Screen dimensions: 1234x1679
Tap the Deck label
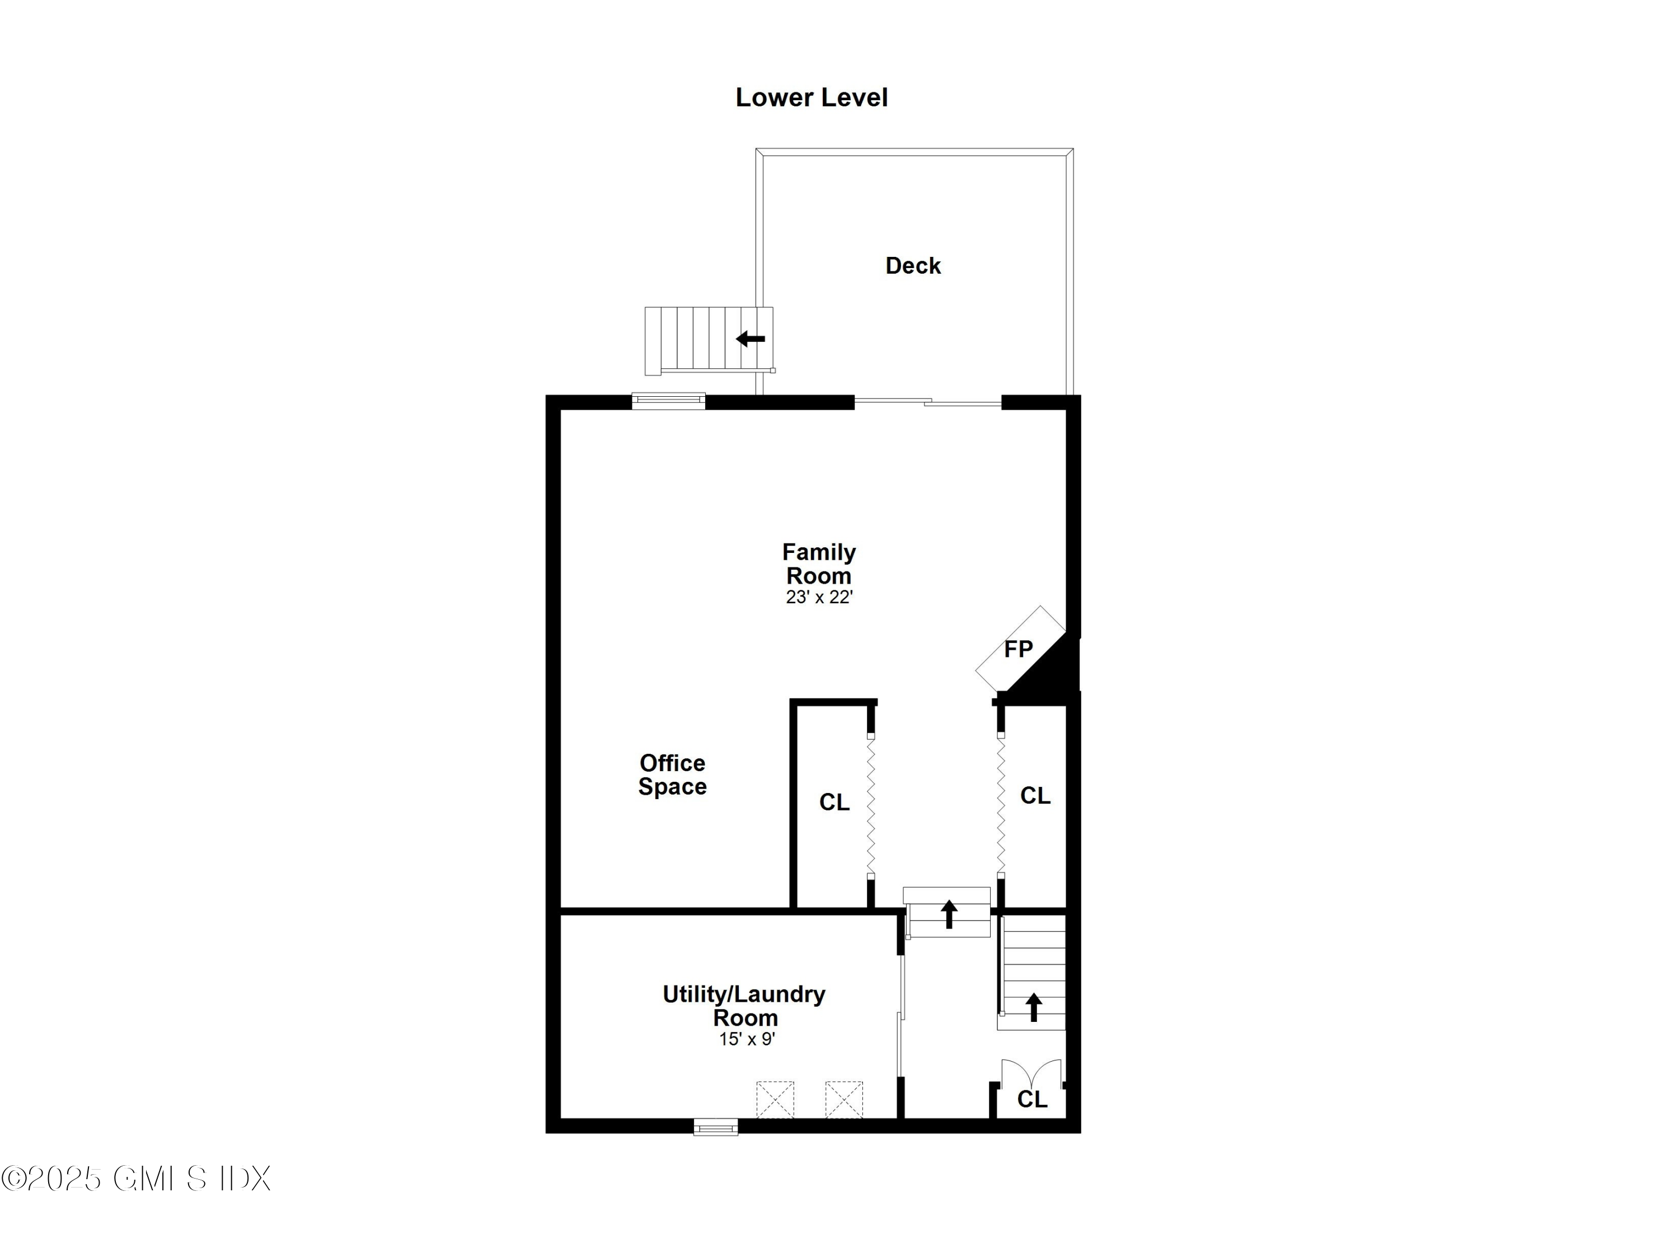913,266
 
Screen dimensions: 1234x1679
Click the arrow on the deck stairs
751,339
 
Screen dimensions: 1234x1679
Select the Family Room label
819,564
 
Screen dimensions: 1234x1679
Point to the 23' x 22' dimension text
819,598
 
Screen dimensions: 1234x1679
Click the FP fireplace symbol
1019,649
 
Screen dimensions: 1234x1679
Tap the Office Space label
672,775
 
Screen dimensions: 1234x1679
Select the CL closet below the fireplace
1035,796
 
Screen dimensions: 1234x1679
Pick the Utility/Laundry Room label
744,1006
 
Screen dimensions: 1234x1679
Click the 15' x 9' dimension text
747,1039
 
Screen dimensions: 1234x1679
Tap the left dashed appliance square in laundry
775,1100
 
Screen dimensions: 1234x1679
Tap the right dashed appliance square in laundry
844,1100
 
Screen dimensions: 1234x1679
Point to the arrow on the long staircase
1034,1007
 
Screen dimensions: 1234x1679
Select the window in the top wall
668,401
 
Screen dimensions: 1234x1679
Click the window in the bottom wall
715,1127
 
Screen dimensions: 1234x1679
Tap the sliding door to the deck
927,402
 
